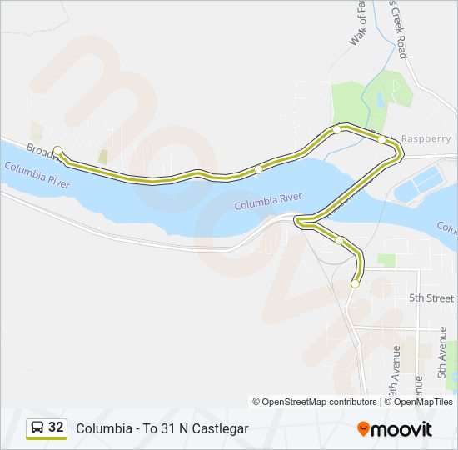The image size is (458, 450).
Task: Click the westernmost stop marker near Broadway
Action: (57, 150)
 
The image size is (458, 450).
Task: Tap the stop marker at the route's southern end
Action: (355, 283)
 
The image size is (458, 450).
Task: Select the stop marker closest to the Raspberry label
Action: (382, 139)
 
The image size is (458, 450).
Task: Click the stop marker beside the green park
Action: (336, 129)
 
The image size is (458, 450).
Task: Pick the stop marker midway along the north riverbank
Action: (258, 168)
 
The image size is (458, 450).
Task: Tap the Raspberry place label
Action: (426, 138)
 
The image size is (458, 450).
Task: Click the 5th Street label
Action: (432, 297)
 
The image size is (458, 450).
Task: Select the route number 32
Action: (56, 427)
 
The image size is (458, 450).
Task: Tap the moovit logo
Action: (395, 429)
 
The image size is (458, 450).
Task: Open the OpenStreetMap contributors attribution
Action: (315, 402)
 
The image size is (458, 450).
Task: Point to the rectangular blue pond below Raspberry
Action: (421, 182)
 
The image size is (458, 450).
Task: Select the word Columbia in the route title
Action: (101, 428)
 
